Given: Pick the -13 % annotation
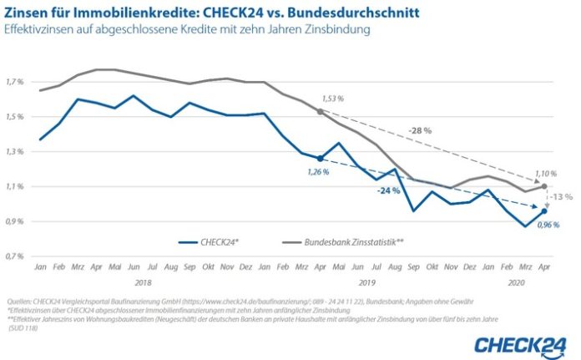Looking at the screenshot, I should tap(562, 197).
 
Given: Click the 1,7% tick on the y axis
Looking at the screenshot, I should tap(16, 82).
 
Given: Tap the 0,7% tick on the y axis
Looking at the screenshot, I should tap(16, 256).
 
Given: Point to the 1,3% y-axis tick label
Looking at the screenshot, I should tap(16, 152).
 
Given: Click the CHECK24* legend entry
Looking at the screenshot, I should tap(212, 243).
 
